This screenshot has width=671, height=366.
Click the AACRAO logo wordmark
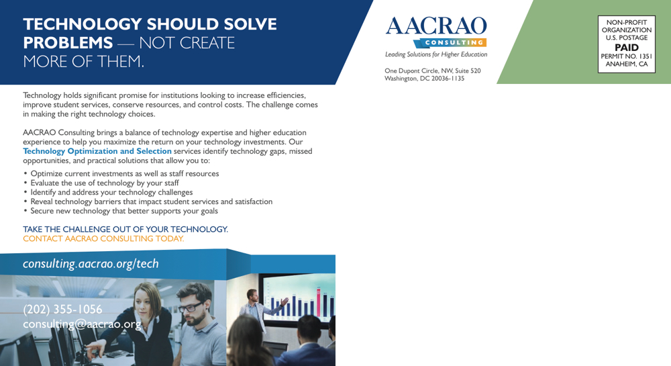coord(436,26)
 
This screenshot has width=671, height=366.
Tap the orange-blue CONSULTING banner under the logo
coord(450,43)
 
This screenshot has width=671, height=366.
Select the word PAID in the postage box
coord(627,48)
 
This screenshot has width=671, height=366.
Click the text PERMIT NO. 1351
coord(627,56)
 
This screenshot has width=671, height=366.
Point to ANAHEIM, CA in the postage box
coord(627,64)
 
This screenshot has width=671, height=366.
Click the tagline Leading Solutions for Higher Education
coord(436,54)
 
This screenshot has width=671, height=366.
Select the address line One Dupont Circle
coord(433,71)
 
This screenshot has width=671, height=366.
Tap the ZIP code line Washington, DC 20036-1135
coord(424,79)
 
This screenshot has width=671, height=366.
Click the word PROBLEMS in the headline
coord(68,43)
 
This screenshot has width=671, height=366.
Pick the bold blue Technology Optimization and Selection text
coord(97,151)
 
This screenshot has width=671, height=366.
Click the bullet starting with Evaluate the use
coord(101,183)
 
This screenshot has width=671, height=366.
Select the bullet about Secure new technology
coord(121,211)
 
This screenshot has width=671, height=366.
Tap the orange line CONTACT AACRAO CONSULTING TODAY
coord(103,239)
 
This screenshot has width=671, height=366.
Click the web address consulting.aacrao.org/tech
coord(91,264)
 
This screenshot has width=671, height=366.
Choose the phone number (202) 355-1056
coord(62,309)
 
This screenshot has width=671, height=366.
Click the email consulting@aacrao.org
coord(82,324)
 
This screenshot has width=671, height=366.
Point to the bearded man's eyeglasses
coord(190,307)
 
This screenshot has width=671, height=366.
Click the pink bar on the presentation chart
coord(318,302)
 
